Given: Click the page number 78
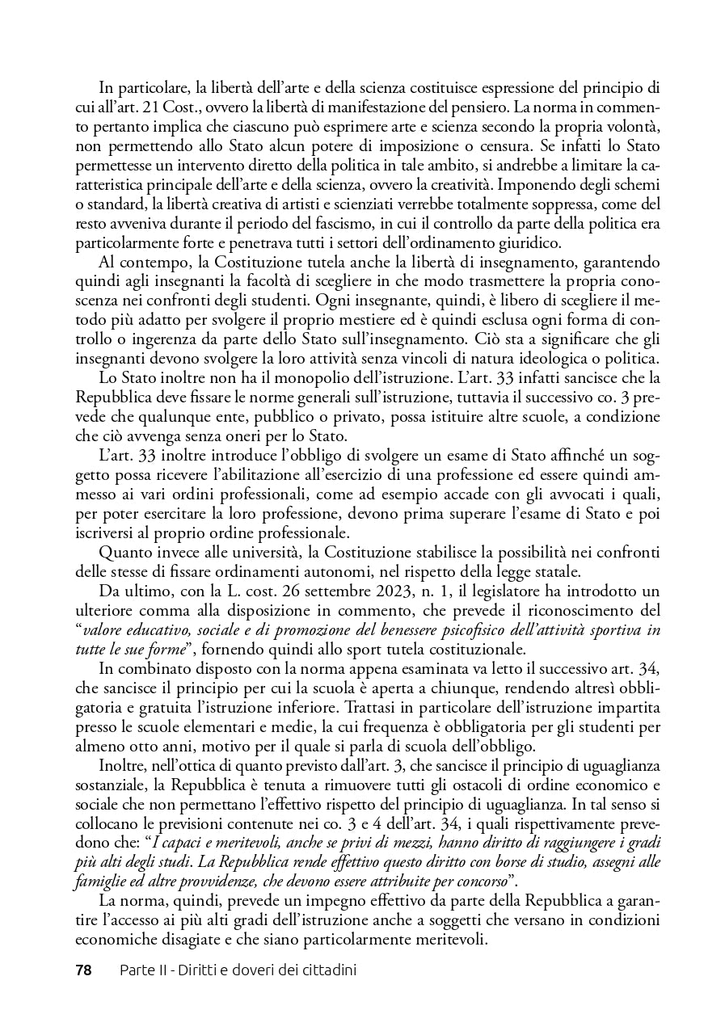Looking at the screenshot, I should tap(83, 970).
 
